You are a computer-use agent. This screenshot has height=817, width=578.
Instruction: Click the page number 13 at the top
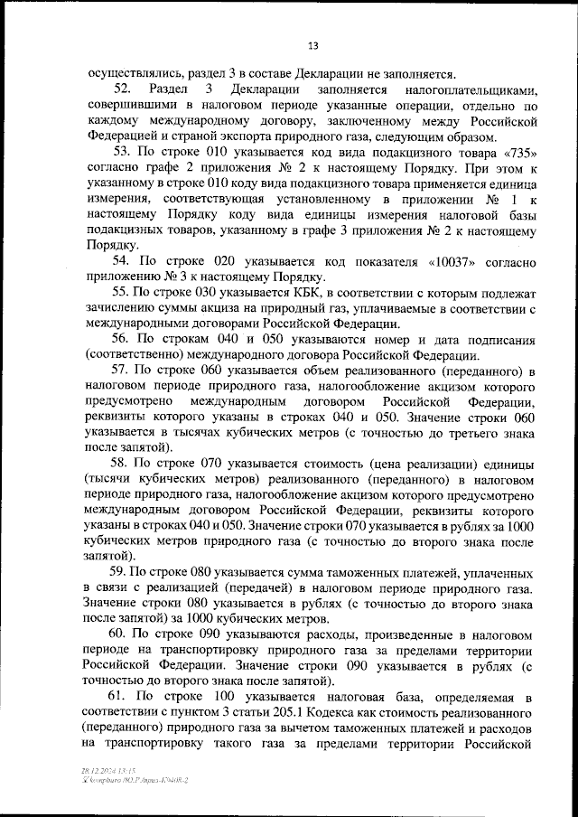tap(312, 46)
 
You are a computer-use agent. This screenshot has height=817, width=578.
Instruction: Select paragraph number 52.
tap(123, 90)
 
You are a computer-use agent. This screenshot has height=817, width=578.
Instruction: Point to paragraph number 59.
tap(121, 572)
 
